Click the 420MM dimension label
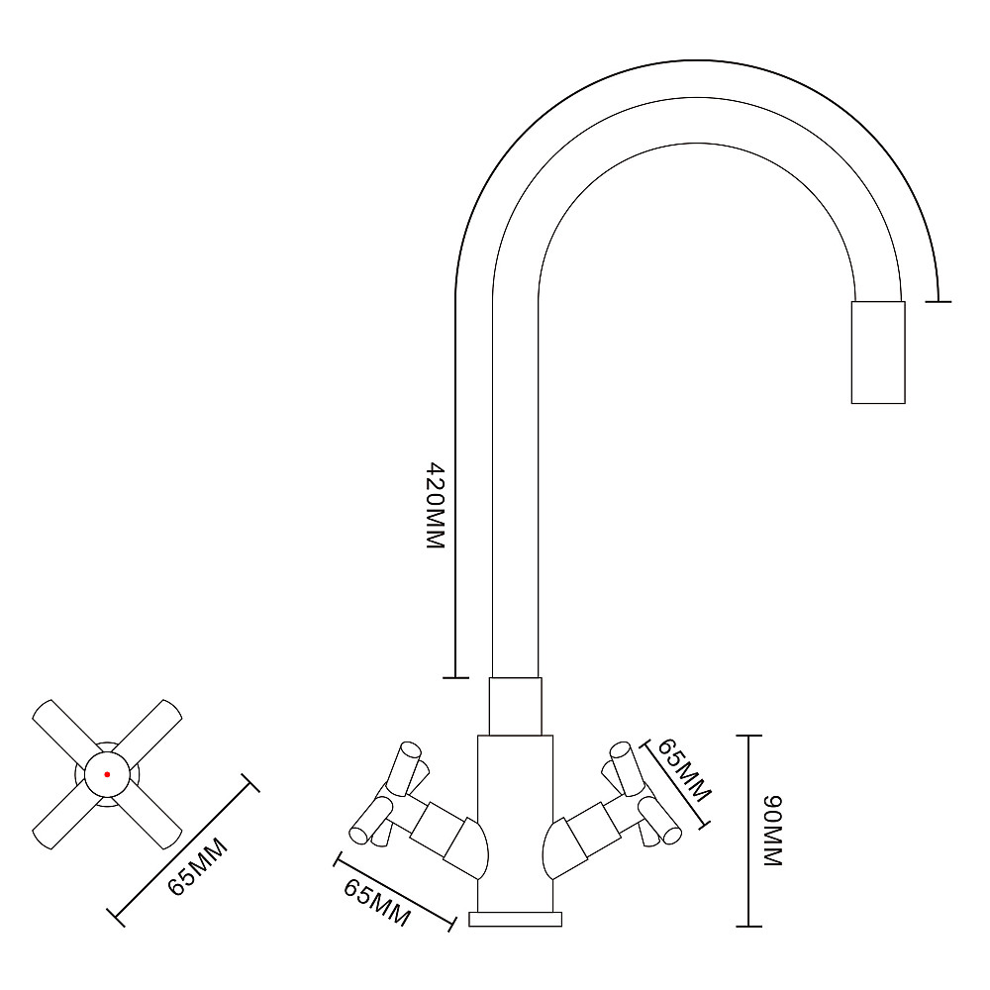coord(437,505)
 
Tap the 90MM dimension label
coord(773,831)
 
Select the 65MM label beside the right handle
coord(684,769)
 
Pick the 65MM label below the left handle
coord(376,903)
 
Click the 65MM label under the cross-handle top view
coord(198,866)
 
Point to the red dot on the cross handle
coord(107,774)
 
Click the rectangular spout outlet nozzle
coord(878,352)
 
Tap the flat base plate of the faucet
coord(515,919)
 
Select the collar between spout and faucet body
coord(515,707)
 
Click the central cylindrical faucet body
coord(515,824)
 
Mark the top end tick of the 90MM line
coord(748,736)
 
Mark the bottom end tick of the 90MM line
coord(748,927)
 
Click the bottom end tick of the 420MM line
coord(455,678)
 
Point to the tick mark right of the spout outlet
coord(939,302)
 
